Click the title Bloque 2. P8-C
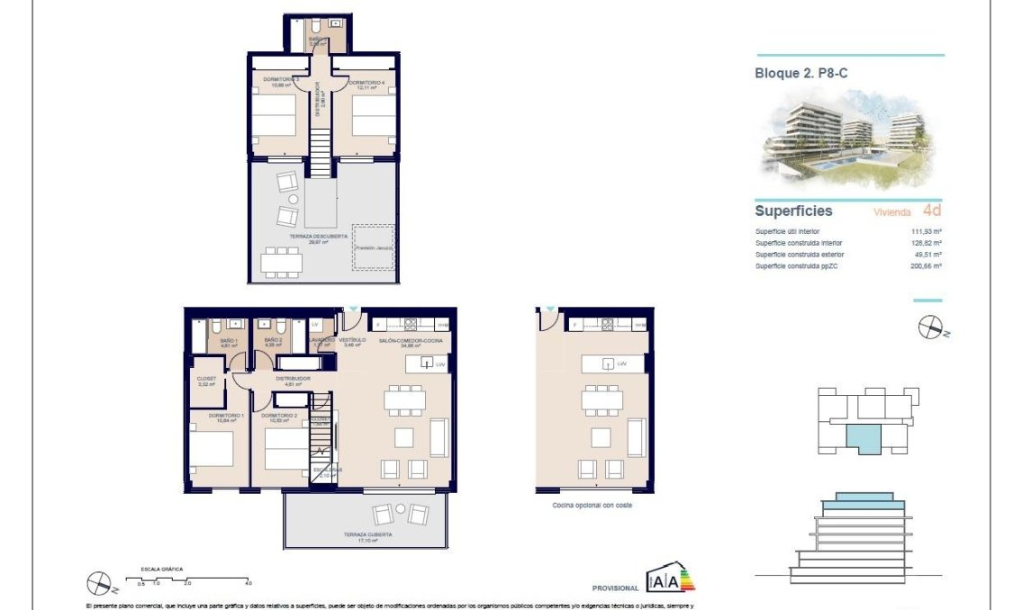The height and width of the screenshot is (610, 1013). (x=800, y=74)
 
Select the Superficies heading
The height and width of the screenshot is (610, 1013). (x=792, y=211)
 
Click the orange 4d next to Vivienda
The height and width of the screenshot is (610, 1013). (x=932, y=211)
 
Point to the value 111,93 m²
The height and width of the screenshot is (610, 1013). (x=926, y=231)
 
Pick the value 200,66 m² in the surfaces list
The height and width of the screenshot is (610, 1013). (x=926, y=266)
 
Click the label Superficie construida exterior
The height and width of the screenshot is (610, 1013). (x=800, y=255)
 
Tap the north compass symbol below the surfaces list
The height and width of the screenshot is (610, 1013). (x=929, y=328)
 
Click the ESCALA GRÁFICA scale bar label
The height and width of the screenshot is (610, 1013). (x=161, y=569)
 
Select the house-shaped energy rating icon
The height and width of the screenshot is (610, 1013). (x=671, y=580)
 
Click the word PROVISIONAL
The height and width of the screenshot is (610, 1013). (x=616, y=588)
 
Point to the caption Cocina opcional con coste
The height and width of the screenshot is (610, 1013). (x=592, y=507)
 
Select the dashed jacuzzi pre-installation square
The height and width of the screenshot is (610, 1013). (x=375, y=247)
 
